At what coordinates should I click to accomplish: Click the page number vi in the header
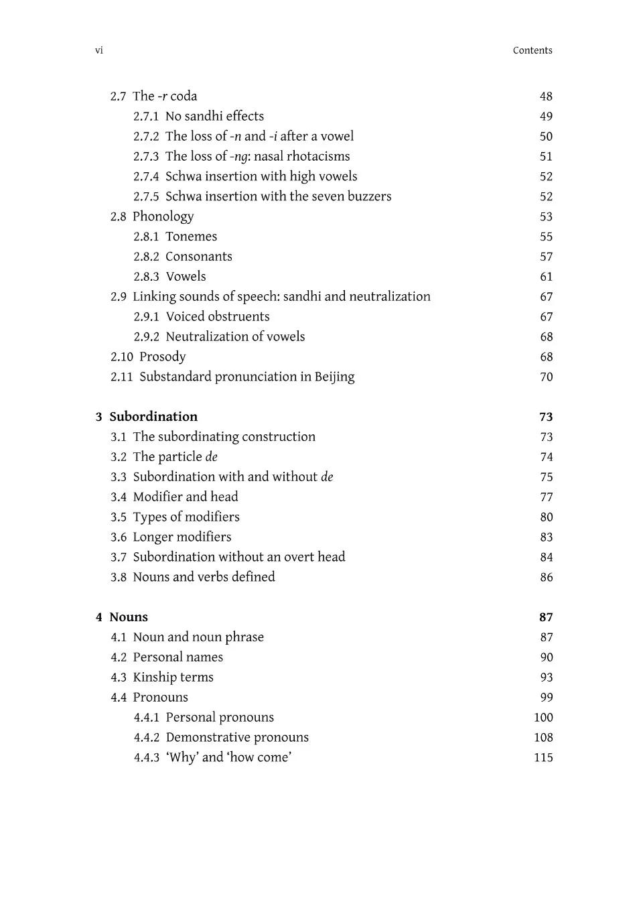pyautogui.click(x=99, y=51)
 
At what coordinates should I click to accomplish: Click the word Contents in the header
pyautogui.click(x=532, y=51)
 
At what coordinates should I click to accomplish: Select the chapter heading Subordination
pyautogui.click(x=153, y=417)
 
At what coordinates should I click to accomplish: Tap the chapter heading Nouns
pyautogui.click(x=129, y=617)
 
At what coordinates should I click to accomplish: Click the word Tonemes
pyautogui.click(x=192, y=237)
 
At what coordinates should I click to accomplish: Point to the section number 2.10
pyautogui.click(x=122, y=357)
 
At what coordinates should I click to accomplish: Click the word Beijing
pyautogui.click(x=335, y=377)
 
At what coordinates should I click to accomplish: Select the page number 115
pyautogui.click(x=543, y=758)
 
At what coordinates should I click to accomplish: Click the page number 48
pyautogui.click(x=546, y=96)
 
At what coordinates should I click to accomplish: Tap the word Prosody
pyautogui.click(x=163, y=357)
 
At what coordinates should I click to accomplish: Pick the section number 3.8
pyautogui.click(x=119, y=578)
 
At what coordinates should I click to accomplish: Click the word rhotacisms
pyautogui.click(x=318, y=157)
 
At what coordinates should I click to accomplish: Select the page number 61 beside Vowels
pyautogui.click(x=547, y=277)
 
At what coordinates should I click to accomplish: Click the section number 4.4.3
pyautogui.click(x=147, y=758)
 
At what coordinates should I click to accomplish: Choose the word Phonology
pyautogui.click(x=163, y=216)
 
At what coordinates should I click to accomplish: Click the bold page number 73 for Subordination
pyautogui.click(x=546, y=417)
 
